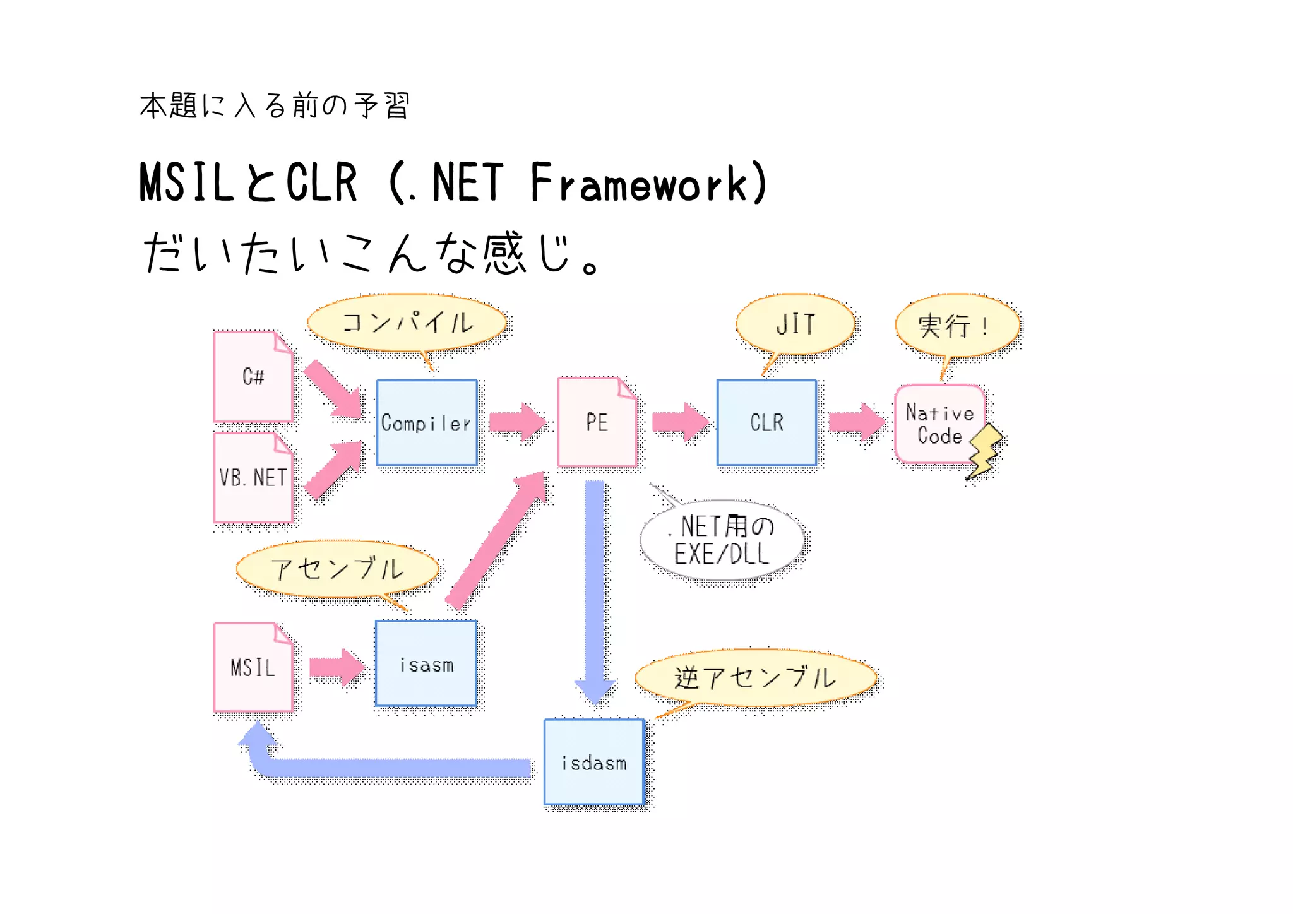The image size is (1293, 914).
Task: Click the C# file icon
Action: click(x=253, y=377)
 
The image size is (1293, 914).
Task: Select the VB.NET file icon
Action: click(x=253, y=478)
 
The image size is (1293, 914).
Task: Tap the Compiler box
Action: click(x=427, y=423)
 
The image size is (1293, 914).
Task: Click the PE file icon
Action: click(x=597, y=422)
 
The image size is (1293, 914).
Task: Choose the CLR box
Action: click(x=766, y=422)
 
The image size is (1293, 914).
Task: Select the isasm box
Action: click(x=426, y=663)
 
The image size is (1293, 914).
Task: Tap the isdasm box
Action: click(x=594, y=762)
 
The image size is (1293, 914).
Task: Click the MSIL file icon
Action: click(x=253, y=667)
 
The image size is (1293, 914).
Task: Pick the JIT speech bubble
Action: click(x=795, y=324)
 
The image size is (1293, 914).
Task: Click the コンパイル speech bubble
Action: click(x=407, y=323)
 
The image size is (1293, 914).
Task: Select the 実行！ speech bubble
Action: click(x=957, y=326)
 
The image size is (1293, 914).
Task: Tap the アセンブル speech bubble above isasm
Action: click(x=337, y=569)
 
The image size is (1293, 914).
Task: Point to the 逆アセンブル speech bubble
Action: click(x=755, y=677)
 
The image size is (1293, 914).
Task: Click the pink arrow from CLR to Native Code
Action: click(x=856, y=422)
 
